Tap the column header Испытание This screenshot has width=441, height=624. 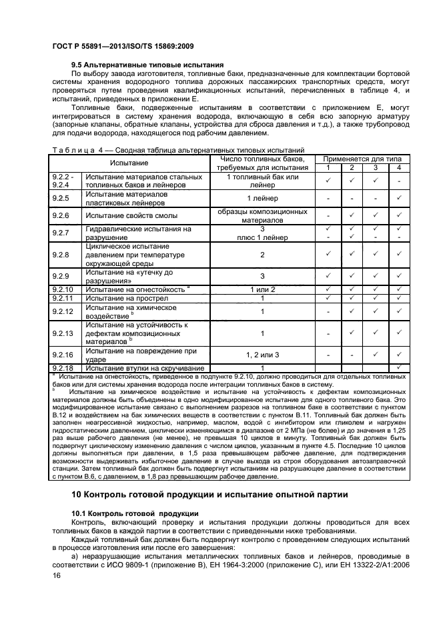pyautogui.click(x=129, y=163)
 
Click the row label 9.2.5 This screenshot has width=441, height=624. pyautogui.click(x=61, y=198)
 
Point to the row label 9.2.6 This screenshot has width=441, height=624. pyautogui.click(x=61, y=215)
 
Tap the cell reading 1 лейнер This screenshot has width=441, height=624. pyautogui.click(x=262, y=198)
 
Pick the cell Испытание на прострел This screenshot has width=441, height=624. pyautogui.click(x=126, y=299)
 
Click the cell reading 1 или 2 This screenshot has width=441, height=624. pyautogui.click(x=262, y=289)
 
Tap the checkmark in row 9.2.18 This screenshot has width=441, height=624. pyautogui.click(x=398, y=367)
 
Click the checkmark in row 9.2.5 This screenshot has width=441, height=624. pyautogui.click(x=398, y=198)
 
